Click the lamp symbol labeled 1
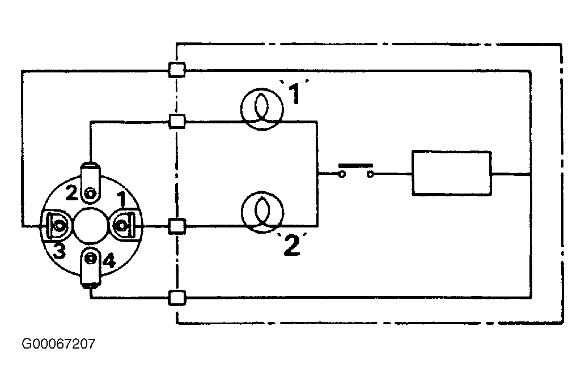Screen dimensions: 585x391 coord(262,109)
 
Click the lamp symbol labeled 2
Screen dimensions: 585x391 coord(262,212)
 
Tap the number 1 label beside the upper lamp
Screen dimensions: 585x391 coord(295,93)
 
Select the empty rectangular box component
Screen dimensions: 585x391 coord(451,173)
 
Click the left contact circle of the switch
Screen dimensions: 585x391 coord(342,174)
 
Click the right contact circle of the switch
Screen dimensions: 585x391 coord(370,174)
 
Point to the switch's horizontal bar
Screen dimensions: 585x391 coord(355,165)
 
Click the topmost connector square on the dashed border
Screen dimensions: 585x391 coord(177,70)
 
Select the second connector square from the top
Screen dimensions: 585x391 coord(177,122)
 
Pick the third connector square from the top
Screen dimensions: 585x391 coord(177,226)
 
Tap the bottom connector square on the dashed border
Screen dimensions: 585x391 coord(177,298)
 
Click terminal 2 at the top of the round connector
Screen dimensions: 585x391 coord(91,183)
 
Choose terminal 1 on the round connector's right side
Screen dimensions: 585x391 coord(124,226)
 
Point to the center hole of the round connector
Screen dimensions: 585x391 coord(91,226)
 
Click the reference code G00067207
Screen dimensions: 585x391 coord(58,343)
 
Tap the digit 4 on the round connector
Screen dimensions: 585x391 coord(109,261)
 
